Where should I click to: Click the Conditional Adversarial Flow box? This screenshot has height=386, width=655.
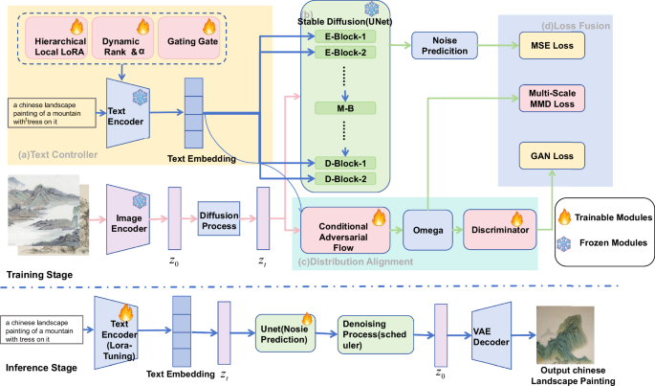pyautogui.click(x=340, y=228)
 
